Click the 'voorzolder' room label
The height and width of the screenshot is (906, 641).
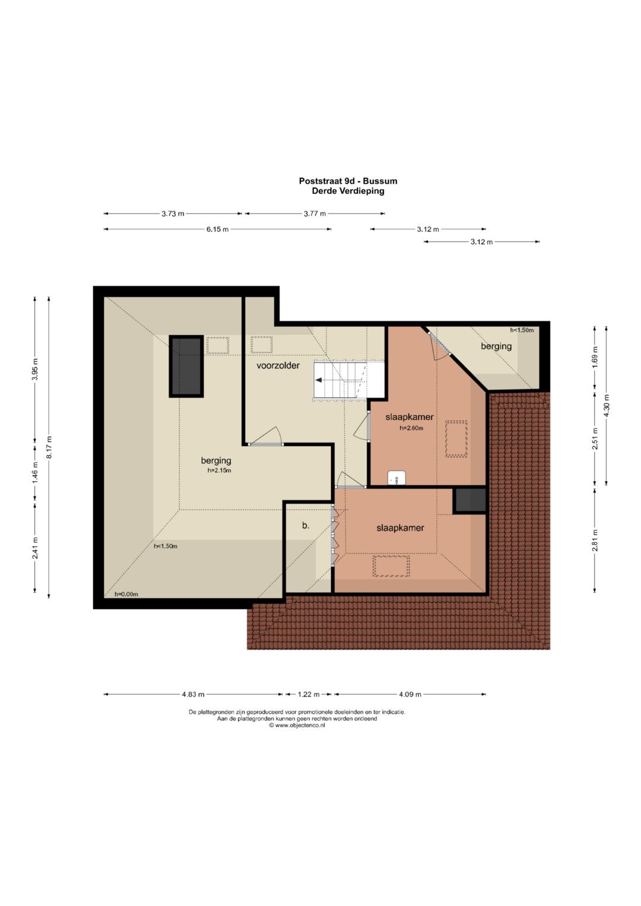[x=278, y=365]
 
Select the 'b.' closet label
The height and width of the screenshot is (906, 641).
[x=306, y=526]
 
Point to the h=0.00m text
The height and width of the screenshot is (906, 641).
[x=126, y=594]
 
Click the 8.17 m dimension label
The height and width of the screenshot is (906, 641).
[x=49, y=447]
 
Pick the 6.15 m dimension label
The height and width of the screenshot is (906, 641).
[x=217, y=230]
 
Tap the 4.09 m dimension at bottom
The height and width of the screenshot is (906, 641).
[x=410, y=694]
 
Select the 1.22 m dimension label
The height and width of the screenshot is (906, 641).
[x=309, y=694]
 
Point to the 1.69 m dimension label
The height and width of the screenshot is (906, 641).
[x=595, y=358]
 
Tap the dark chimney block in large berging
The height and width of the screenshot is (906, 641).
[x=186, y=367]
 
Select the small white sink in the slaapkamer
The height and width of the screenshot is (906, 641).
[x=396, y=478]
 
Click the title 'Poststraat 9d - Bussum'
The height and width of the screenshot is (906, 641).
[x=348, y=181]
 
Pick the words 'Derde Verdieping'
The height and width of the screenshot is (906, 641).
[x=348, y=191]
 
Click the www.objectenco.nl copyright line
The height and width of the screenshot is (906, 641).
[x=297, y=725]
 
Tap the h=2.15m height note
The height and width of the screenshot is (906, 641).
[x=220, y=471]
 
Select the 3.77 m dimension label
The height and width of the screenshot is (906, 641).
[x=315, y=214]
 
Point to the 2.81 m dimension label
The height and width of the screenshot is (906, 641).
[x=595, y=540]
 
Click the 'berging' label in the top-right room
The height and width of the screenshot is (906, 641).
[x=496, y=346]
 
